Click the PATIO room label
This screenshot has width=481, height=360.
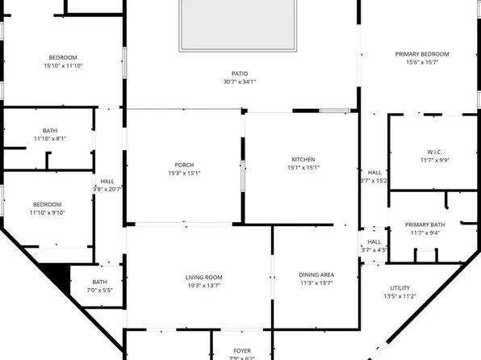pyautogui.click(x=240, y=73)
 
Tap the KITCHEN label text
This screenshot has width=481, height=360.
pyautogui.click(x=303, y=160)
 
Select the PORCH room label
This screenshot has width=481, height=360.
pyautogui.click(x=184, y=165)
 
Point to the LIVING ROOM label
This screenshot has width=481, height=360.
pyautogui.click(x=203, y=278)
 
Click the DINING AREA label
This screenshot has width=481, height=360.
pyautogui.click(x=316, y=275)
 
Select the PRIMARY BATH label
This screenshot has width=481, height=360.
pyautogui.click(x=425, y=224)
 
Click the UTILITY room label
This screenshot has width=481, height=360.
pyautogui.click(x=399, y=288)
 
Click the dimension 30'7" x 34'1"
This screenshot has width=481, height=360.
pyautogui.click(x=240, y=82)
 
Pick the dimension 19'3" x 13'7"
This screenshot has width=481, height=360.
pyautogui.click(x=203, y=286)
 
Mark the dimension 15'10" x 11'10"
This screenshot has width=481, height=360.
pyautogui.click(x=62, y=65)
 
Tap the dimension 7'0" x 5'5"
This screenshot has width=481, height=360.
pyautogui.click(x=99, y=290)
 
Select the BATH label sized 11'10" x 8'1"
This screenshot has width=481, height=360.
pyautogui.click(x=50, y=131)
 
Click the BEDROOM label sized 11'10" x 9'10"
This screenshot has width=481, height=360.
pyautogui.click(x=48, y=205)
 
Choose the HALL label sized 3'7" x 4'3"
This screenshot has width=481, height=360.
pyautogui.click(x=374, y=241)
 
